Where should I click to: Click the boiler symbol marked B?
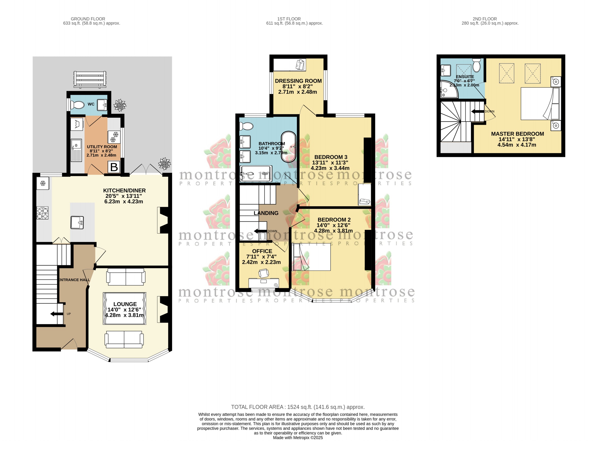tap(114, 167)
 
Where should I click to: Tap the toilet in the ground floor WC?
tap(78, 105)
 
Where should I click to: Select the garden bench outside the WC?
tap(90, 79)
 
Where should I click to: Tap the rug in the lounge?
tap(125, 308)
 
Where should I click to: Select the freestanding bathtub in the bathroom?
tap(289, 147)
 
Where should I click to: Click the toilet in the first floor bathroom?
tap(246, 126)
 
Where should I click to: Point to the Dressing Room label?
tap(298, 81)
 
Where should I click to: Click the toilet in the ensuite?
tap(476, 65)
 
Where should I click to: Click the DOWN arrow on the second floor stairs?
tap(477, 111)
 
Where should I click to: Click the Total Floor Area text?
tap(298, 407)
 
